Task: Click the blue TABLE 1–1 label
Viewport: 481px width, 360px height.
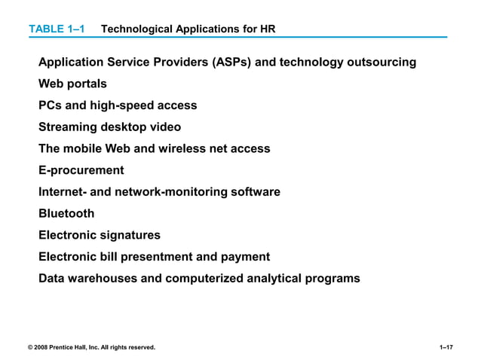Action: pyautogui.click(x=57, y=29)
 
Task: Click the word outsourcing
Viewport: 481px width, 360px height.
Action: pyautogui.click(x=381, y=63)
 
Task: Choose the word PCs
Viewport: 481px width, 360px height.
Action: pyautogui.click(x=50, y=105)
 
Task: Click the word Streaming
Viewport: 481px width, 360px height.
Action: pyautogui.click(x=69, y=127)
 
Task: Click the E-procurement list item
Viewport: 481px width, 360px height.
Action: pyautogui.click(x=81, y=170)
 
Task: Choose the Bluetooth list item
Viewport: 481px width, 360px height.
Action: pyautogui.click(x=66, y=214)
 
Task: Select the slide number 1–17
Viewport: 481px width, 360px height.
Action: pyautogui.click(x=446, y=347)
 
